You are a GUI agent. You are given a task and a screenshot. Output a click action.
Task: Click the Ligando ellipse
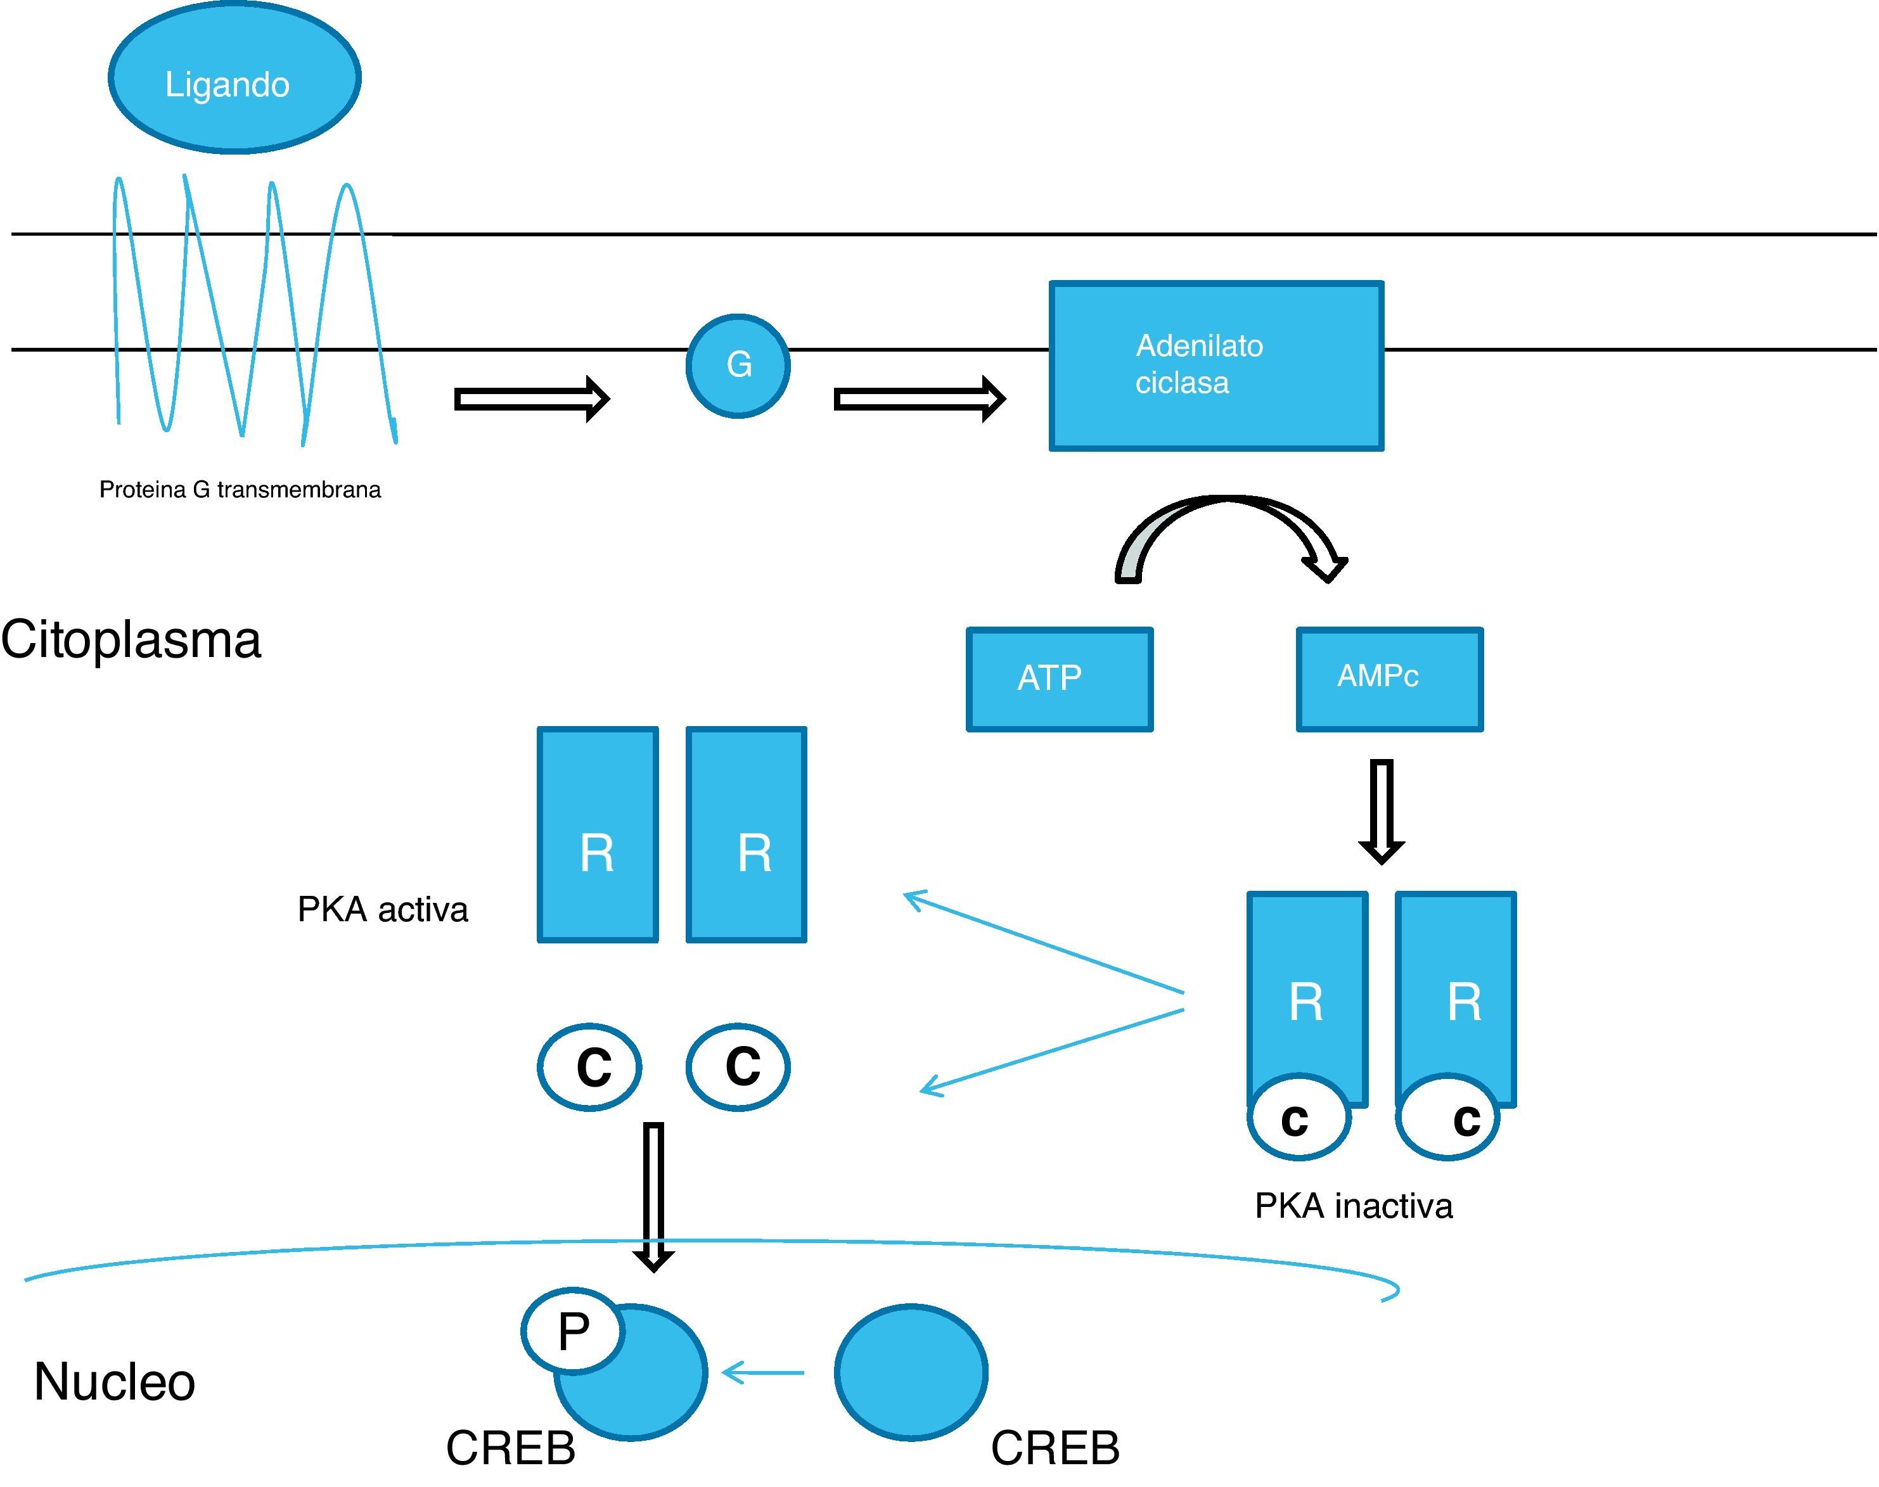(x=234, y=79)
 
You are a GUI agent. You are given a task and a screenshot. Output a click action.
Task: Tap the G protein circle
(x=738, y=366)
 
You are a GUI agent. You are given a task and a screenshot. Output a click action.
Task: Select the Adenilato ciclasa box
(x=1215, y=366)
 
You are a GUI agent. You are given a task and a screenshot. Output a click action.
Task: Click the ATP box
(x=1059, y=679)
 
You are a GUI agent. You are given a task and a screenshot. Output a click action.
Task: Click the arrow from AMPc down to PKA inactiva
(x=1381, y=810)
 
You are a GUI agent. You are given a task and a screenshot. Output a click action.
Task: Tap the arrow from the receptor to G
(x=531, y=400)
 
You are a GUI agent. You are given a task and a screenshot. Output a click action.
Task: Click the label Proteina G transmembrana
(x=240, y=490)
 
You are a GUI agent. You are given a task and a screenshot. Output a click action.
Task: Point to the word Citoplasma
(x=131, y=640)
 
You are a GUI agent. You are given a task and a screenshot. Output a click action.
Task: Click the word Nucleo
(x=114, y=1382)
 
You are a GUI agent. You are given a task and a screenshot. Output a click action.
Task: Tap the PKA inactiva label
(x=1353, y=1206)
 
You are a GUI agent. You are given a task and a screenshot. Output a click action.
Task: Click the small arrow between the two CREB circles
(x=763, y=1373)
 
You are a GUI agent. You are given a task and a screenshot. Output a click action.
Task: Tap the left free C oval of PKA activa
(x=589, y=1066)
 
